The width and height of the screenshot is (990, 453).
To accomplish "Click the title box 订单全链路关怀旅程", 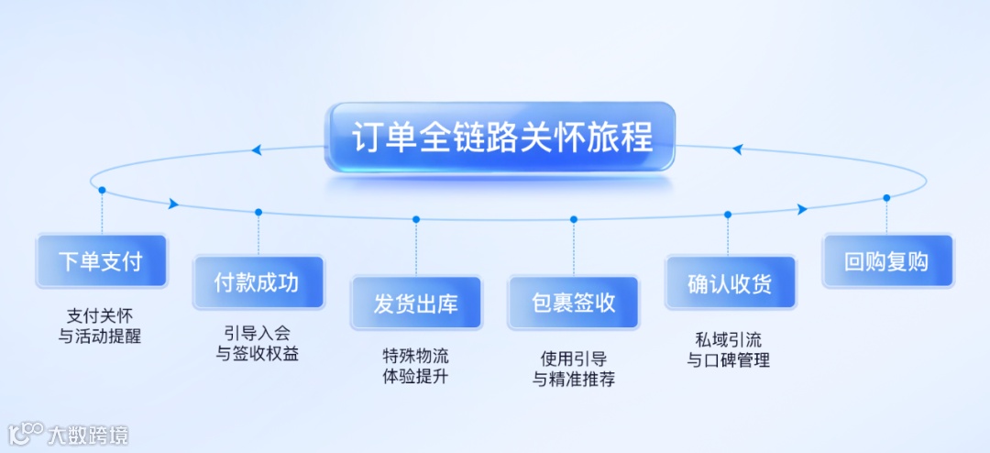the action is (500, 138).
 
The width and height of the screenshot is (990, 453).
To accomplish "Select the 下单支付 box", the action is (101, 261).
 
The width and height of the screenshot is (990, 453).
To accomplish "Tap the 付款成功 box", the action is (258, 282).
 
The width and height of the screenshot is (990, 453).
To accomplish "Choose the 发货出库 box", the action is (415, 304).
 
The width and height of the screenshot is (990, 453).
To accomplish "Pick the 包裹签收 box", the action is (574, 304).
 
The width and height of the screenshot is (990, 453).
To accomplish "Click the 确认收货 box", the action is (730, 282).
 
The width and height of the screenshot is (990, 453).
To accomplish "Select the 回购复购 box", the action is (886, 261).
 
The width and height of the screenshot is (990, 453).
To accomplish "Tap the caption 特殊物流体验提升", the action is (415, 366).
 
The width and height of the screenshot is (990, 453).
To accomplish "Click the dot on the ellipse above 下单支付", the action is (102, 191).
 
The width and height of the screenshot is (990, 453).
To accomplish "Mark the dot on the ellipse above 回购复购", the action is (886, 197).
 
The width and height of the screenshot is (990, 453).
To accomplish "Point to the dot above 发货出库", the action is (416, 219).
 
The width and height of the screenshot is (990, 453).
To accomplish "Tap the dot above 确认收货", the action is (728, 215).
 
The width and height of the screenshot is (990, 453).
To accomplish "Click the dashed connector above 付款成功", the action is (258, 234).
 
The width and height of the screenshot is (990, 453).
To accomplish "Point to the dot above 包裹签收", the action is (574, 219).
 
